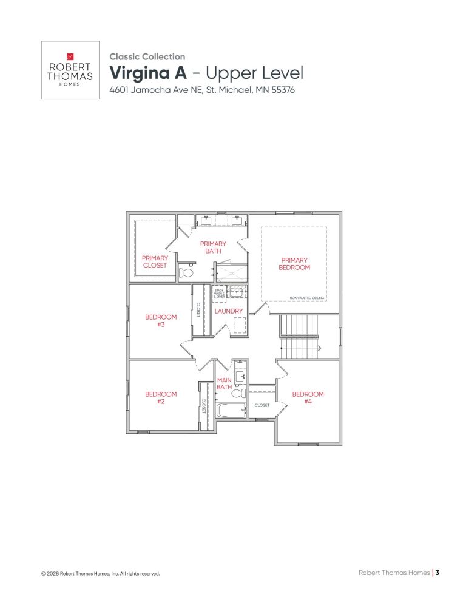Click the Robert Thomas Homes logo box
click(x=70, y=70)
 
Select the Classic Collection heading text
click(x=147, y=56)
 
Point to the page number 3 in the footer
click(x=437, y=572)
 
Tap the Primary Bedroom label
click(x=294, y=264)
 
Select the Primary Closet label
click(x=155, y=261)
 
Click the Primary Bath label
click(x=213, y=248)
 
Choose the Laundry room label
click(x=229, y=311)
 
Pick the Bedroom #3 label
click(x=161, y=320)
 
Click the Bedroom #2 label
click(x=161, y=397)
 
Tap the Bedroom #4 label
click(x=308, y=397)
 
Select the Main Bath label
click(x=225, y=383)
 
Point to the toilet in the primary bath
click(x=186, y=274)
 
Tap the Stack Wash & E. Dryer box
click(x=219, y=293)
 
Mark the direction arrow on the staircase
click(x=319, y=348)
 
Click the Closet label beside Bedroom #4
click(x=262, y=405)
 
